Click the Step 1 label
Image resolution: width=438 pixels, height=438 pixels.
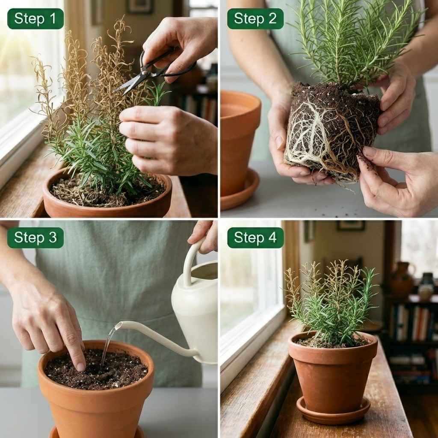point(35,19)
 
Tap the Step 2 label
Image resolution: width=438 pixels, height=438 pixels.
point(255,19)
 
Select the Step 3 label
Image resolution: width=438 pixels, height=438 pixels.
point(35,238)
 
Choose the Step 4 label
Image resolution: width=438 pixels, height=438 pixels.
point(255,238)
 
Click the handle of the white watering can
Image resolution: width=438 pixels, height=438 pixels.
point(190,261)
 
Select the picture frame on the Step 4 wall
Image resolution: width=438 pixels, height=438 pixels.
point(350,225)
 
